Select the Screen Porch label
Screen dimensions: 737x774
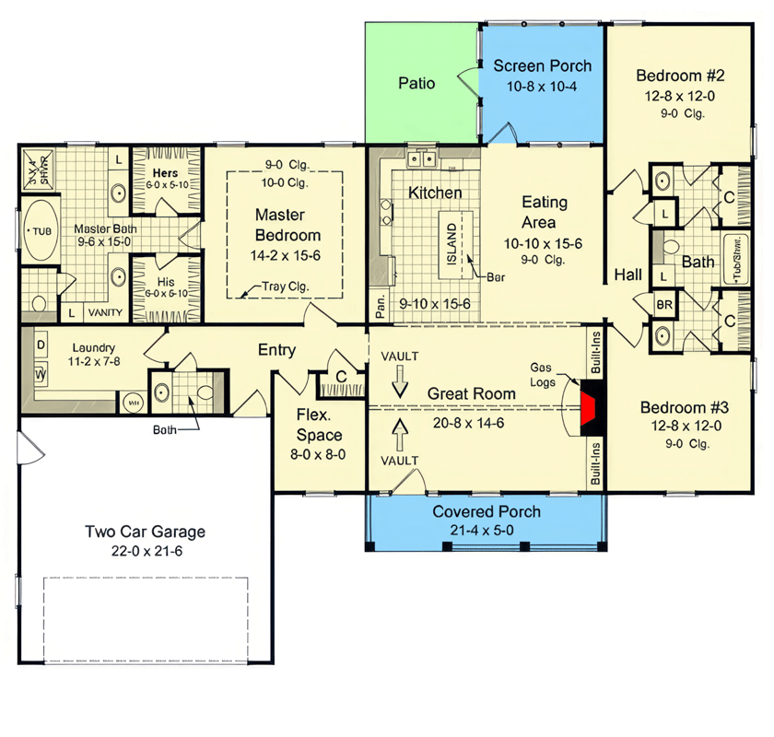542,65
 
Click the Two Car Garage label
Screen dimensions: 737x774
145,532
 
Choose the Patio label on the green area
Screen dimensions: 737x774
416,83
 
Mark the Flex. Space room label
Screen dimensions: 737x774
320,427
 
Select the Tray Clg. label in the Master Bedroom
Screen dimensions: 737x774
282,287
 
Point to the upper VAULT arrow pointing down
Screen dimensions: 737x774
399,380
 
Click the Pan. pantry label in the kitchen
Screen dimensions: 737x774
379,302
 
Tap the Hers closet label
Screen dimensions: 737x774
165,172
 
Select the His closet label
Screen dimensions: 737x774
165,282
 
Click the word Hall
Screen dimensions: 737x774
628,275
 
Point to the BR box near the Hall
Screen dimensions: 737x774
664,304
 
